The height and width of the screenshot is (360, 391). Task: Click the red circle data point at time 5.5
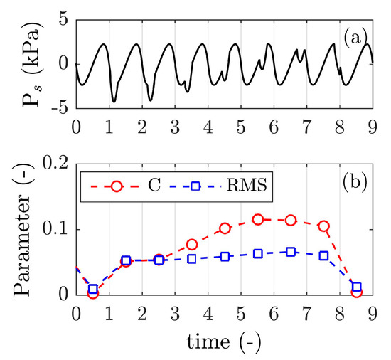258,220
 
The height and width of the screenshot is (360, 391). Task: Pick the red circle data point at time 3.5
192,244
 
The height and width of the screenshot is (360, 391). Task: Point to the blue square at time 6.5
291,252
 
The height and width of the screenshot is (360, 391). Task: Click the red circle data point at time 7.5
323,226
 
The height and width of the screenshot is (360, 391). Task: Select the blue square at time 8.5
357,287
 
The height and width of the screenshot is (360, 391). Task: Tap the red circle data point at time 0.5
93,292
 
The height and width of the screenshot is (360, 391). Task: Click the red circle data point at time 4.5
225,228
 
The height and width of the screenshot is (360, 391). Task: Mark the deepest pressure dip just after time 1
114,102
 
